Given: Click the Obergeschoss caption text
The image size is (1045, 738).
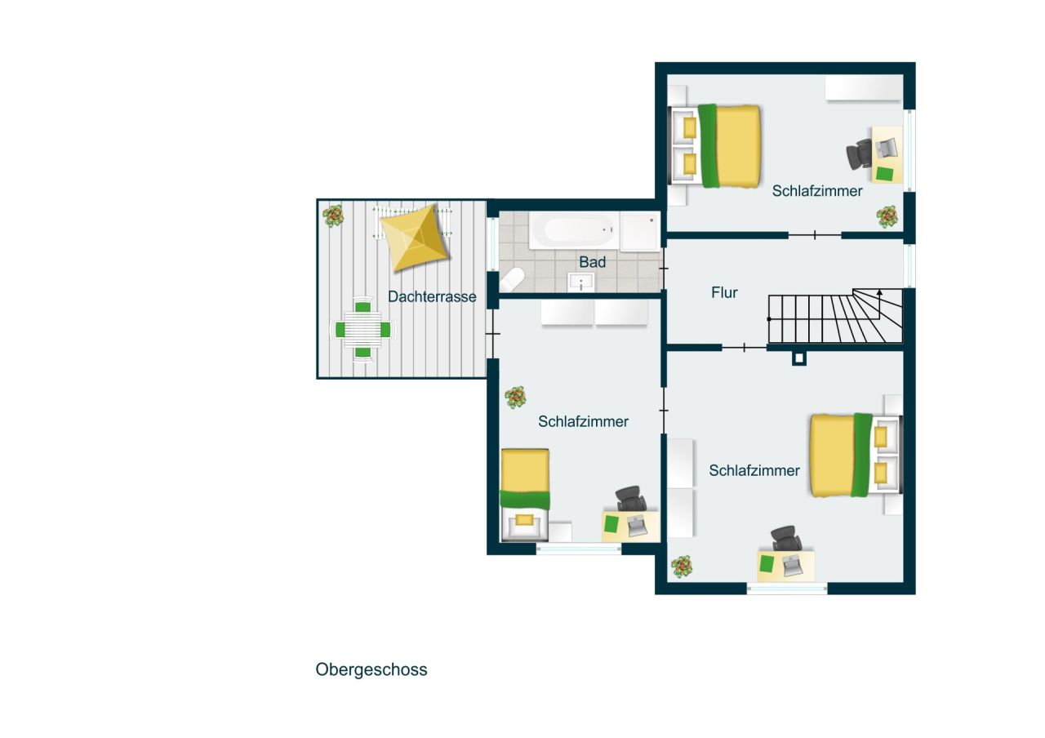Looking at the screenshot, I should [x=371, y=669].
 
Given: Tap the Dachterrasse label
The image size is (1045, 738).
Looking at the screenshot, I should [x=432, y=297].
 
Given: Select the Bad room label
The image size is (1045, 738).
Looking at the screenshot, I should [x=593, y=262].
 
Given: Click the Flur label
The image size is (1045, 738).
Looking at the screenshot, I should [x=724, y=292].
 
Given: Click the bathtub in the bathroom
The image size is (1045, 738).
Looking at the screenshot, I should [x=572, y=229].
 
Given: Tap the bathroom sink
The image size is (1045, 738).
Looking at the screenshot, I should [x=582, y=282].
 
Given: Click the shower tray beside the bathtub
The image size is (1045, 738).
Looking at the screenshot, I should [x=639, y=231].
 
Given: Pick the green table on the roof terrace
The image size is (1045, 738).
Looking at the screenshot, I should [x=362, y=330].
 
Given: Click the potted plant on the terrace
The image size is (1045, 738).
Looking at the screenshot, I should [x=332, y=216].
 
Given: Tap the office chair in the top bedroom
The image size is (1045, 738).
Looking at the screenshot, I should [x=860, y=153].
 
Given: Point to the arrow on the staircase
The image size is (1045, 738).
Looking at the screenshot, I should [x=879, y=291].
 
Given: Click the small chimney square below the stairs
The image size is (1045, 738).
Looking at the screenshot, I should [x=799, y=358].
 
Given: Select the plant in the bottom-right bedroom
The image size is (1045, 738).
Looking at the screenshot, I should [x=681, y=565].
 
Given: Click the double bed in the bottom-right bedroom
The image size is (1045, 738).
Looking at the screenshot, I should [x=844, y=455].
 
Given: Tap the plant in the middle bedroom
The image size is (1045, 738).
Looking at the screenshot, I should [x=515, y=398].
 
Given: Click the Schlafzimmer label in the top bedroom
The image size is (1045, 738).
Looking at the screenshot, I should [x=817, y=191].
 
